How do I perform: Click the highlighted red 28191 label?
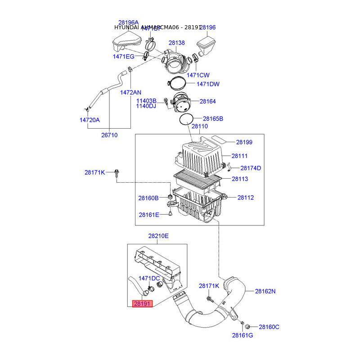click(x=143, y=304)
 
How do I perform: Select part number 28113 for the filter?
click(x=240, y=179)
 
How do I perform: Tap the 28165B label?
click(x=213, y=119)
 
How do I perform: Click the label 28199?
click(x=244, y=142)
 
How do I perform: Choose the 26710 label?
click(x=109, y=135)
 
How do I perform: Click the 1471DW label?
click(x=208, y=84)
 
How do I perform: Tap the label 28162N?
click(x=265, y=291)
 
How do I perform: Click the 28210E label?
click(x=158, y=236)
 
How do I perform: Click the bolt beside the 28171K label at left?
click(x=117, y=172)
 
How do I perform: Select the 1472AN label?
click(x=130, y=92)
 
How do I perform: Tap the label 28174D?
click(x=251, y=168)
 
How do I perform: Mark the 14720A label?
click(x=90, y=120)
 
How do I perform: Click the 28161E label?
click(x=149, y=215)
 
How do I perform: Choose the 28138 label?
click(x=177, y=43)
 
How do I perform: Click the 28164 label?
click(x=208, y=102)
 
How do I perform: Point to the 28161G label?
click(x=243, y=335)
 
